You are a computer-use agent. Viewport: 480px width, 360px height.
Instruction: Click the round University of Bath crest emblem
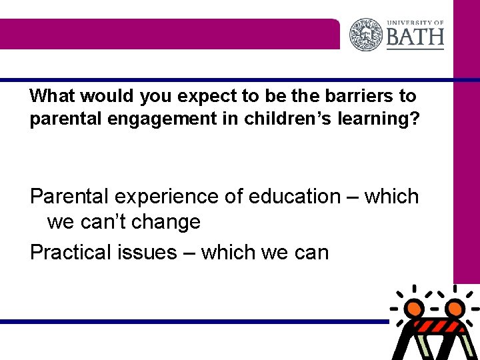pyautogui.click(x=366, y=34)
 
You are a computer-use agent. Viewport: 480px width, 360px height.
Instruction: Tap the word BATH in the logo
pyautogui.click(x=415, y=37)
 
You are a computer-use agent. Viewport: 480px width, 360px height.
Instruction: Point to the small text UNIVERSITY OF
pyautogui.click(x=415, y=21)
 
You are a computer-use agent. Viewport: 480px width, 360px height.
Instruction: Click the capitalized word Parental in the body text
pyautogui.click(x=70, y=197)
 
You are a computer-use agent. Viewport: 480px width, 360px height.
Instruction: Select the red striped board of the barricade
pyautogui.click(x=434, y=328)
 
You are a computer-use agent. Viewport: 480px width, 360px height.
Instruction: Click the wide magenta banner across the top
pyautogui.click(x=170, y=34)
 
